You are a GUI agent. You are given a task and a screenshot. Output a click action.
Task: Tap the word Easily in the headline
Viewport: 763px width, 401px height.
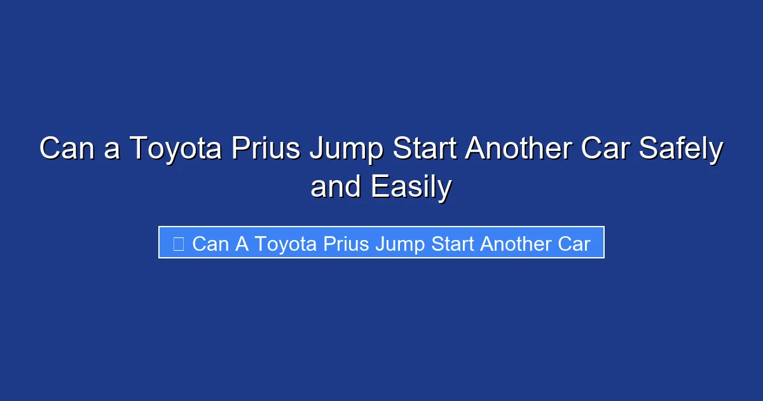point(411,187)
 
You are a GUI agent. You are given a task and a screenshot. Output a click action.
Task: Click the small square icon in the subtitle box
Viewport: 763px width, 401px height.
point(179,244)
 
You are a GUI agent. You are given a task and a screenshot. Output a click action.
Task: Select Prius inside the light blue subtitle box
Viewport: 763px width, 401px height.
point(347,244)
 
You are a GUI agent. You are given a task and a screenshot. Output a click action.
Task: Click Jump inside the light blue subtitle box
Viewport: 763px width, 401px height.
point(399,244)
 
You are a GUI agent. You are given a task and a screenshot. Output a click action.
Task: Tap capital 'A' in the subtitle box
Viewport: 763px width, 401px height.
point(242,244)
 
